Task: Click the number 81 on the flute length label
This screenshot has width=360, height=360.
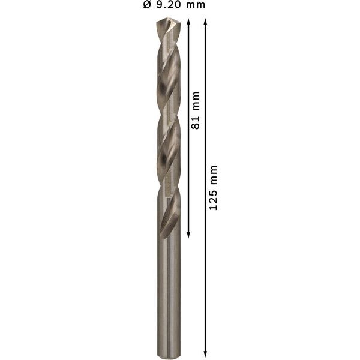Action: [x=194, y=122]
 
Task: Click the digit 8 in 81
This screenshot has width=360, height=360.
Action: [x=194, y=125]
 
